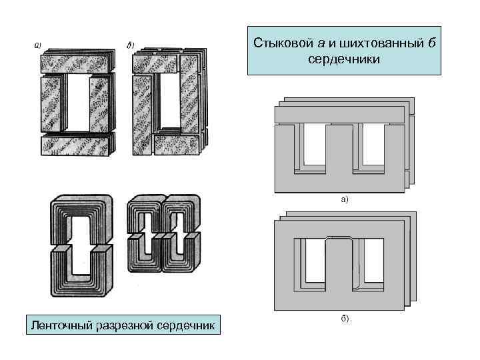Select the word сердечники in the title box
tap(344, 59)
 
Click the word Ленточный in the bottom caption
tap(57, 326)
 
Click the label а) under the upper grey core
tap(344, 199)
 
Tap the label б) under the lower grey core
tap(344, 319)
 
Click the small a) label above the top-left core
tap(38, 46)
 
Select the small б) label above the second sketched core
tap(131, 45)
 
